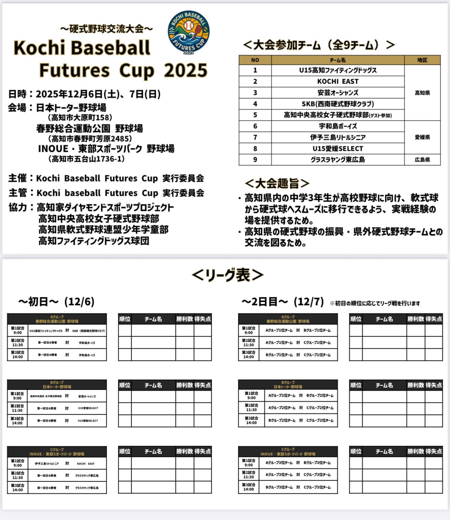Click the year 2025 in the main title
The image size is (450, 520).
(x=185, y=70)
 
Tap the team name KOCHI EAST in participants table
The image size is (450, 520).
(x=337, y=81)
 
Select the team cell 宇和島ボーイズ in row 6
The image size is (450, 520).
(x=337, y=126)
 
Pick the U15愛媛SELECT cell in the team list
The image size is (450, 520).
(x=337, y=149)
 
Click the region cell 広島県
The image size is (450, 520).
(x=422, y=160)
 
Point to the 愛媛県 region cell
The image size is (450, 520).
(x=422, y=138)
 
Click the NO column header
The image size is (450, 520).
(x=255, y=60)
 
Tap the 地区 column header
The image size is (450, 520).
(x=422, y=60)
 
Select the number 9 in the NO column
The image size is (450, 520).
(x=255, y=160)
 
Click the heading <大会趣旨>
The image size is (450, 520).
(x=277, y=184)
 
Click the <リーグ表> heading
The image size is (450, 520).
(x=227, y=275)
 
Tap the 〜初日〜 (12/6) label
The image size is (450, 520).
(x=56, y=302)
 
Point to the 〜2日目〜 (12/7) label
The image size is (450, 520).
(x=282, y=302)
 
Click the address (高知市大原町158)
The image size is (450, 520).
(x=80, y=118)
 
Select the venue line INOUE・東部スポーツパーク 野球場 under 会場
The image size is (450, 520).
(x=106, y=149)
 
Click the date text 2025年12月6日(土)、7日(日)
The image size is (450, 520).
(x=98, y=94)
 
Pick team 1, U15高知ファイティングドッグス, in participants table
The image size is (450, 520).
(x=337, y=70)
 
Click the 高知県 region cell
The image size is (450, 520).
(x=422, y=93)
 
